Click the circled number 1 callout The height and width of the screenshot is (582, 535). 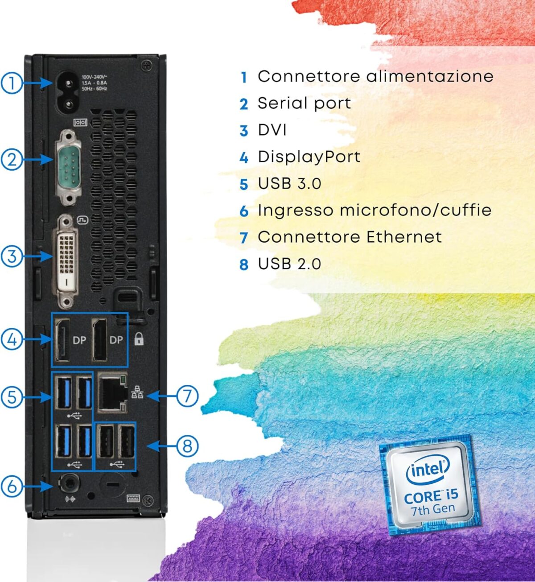coord(11,83)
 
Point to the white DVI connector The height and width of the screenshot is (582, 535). coord(66,262)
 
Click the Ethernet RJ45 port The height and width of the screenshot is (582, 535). coord(111,392)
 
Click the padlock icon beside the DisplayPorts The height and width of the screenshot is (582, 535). coord(139,339)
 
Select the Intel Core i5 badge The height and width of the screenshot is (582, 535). coord(430,485)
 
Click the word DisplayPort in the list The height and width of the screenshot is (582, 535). coord(309,157)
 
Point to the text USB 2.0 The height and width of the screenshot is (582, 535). coord(289,264)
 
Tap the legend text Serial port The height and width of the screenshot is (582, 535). coord(304,103)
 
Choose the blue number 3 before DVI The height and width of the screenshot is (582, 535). coord(243,131)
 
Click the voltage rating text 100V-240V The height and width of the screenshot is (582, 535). coord(94,77)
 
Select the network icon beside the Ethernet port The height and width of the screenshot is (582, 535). coord(137,392)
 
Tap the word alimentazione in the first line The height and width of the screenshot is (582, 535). coord(430,76)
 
